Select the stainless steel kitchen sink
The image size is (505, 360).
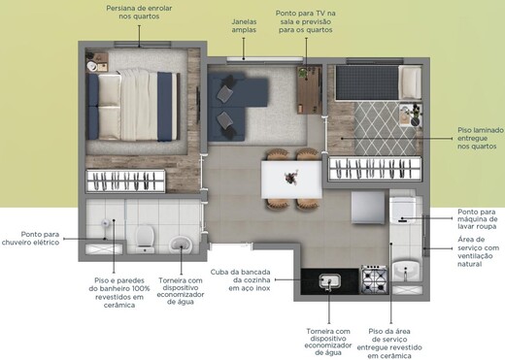click(330, 280)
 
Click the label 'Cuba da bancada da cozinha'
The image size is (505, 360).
click(243, 278)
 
